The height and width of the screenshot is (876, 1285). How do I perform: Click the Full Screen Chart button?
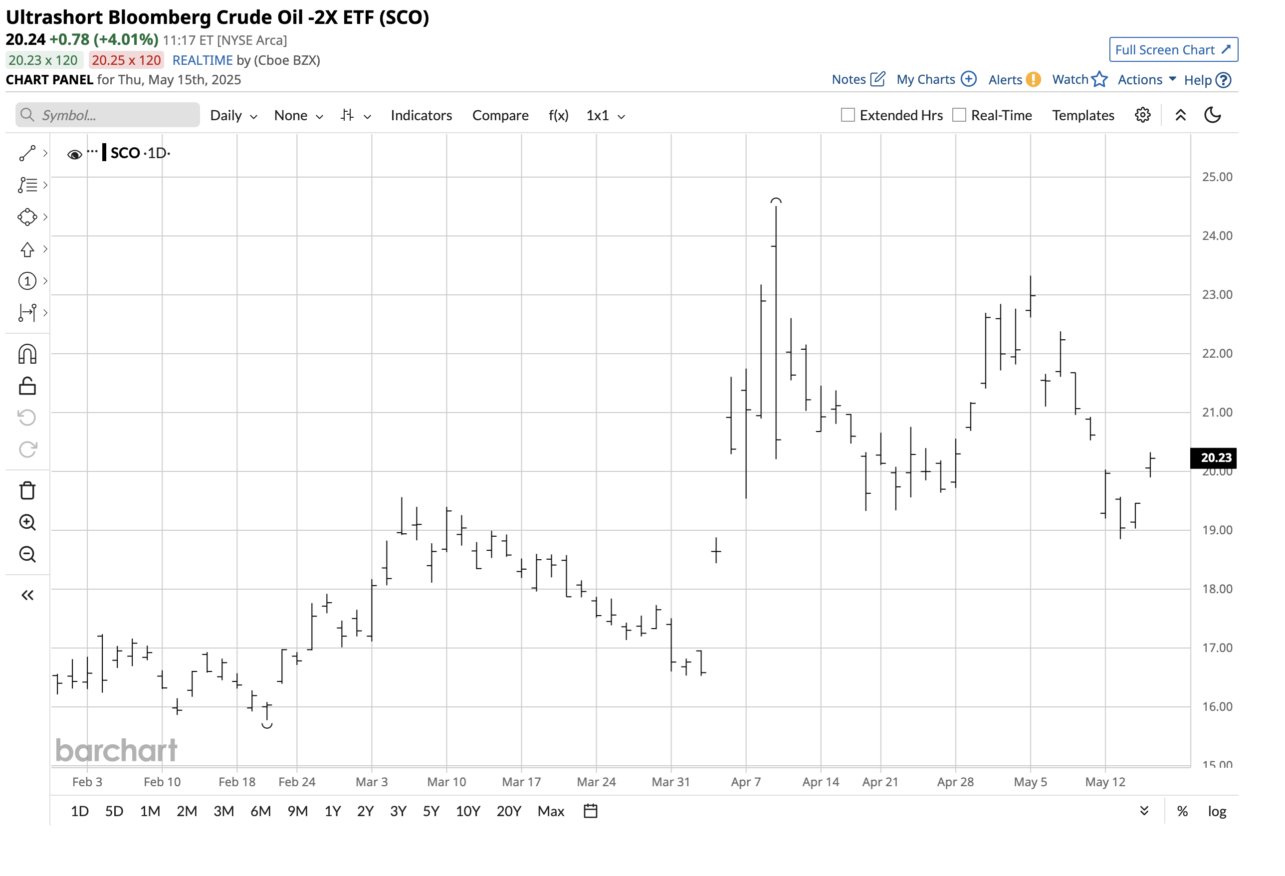pyautogui.click(x=1173, y=50)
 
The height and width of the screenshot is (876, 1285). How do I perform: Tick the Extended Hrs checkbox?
pyautogui.click(x=847, y=115)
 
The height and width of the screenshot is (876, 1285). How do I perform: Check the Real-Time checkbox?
pyautogui.click(x=959, y=115)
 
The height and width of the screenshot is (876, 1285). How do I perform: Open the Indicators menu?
pyautogui.click(x=421, y=115)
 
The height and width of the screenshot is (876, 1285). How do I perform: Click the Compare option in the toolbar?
pyautogui.click(x=500, y=115)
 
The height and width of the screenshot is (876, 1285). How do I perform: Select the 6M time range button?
pyautogui.click(x=260, y=811)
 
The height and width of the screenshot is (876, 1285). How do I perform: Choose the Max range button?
pyautogui.click(x=550, y=811)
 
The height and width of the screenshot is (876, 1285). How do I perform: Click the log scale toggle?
pyautogui.click(x=1217, y=811)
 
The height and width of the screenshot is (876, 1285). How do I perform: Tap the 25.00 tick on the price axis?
pyautogui.click(x=1217, y=177)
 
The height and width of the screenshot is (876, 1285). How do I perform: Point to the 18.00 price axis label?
pyautogui.click(x=1217, y=589)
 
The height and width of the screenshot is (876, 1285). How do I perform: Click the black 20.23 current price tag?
pyautogui.click(x=1215, y=457)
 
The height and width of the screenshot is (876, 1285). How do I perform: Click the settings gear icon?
pyautogui.click(x=1142, y=115)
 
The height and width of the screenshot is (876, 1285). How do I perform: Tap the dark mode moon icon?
pyautogui.click(x=1212, y=115)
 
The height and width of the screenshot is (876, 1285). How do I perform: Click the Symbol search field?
pyautogui.click(x=108, y=115)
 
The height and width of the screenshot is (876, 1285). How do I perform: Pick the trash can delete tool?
pyautogui.click(x=27, y=490)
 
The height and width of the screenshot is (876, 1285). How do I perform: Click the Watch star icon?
pyautogui.click(x=1099, y=80)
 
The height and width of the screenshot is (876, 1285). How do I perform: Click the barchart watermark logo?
pyautogui.click(x=116, y=750)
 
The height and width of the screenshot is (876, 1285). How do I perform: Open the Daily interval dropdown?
pyautogui.click(x=233, y=115)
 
